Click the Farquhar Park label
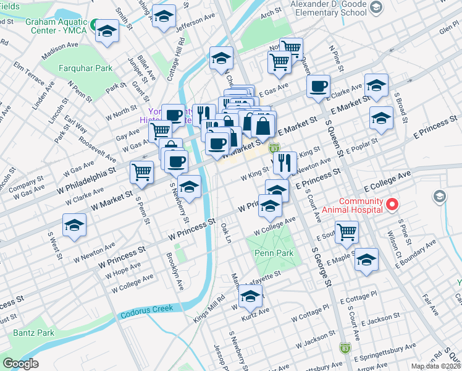[86, 68]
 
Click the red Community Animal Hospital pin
[390, 204]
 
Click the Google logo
[20, 364]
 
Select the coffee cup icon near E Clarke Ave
[318, 87]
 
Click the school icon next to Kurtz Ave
[250, 297]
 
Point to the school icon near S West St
[74, 226]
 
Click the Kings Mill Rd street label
[209, 306]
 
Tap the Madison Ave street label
[60, 49]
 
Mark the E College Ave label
[387, 177]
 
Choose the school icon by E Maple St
[366, 260]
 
